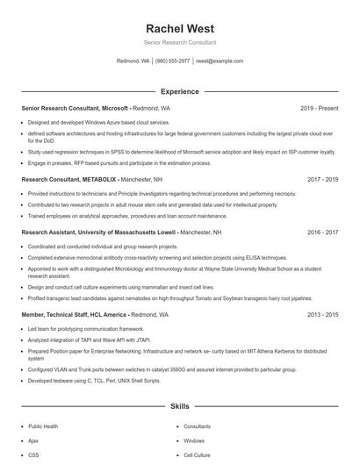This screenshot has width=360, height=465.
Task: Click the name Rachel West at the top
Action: point(179,28)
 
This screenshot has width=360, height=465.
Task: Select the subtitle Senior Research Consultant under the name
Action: point(179,42)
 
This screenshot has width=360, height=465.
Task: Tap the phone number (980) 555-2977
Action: point(173,61)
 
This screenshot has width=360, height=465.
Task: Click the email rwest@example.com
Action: point(220,61)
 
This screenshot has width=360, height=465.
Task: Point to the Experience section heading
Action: point(179,91)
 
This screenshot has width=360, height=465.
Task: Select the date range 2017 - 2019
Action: point(322,178)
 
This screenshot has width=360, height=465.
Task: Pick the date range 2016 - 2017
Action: point(322,233)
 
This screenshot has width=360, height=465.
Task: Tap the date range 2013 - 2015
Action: point(322,314)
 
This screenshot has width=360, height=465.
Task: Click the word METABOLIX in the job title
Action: point(97,178)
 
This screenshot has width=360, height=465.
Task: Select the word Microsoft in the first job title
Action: point(112,108)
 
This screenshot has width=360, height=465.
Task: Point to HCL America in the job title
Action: point(107,314)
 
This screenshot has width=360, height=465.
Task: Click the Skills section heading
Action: point(179,407)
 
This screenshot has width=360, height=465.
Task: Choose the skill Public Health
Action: point(44,426)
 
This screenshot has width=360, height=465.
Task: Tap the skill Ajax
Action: point(33,440)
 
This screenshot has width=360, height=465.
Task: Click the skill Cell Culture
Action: point(198,455)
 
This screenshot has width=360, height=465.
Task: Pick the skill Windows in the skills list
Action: point(194,440)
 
